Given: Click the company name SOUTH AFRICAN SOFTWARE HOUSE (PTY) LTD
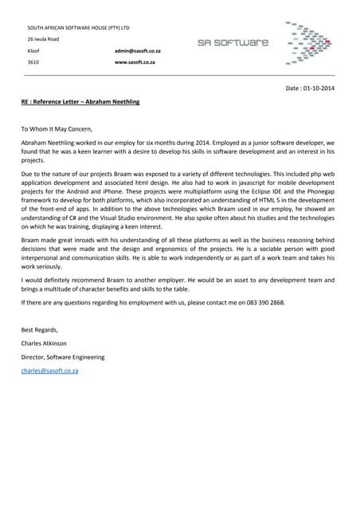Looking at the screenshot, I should pos(78,27).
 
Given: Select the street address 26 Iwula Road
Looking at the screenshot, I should pos(43,38).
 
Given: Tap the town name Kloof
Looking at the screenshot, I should pos(33,50).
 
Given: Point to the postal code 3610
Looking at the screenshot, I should pos(33,61).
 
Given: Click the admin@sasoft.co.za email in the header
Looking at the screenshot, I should pos(138,50).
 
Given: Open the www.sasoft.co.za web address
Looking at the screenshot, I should pos(135,61).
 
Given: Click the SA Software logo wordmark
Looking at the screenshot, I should pos(233,42).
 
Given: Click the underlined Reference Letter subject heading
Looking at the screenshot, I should pos(80,102).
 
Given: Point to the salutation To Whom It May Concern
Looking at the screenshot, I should pos(57,128).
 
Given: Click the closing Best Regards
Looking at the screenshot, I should pos(39,329).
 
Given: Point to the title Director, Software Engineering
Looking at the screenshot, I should pos(62,357).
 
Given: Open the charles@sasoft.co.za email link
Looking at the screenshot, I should pos(49,371).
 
